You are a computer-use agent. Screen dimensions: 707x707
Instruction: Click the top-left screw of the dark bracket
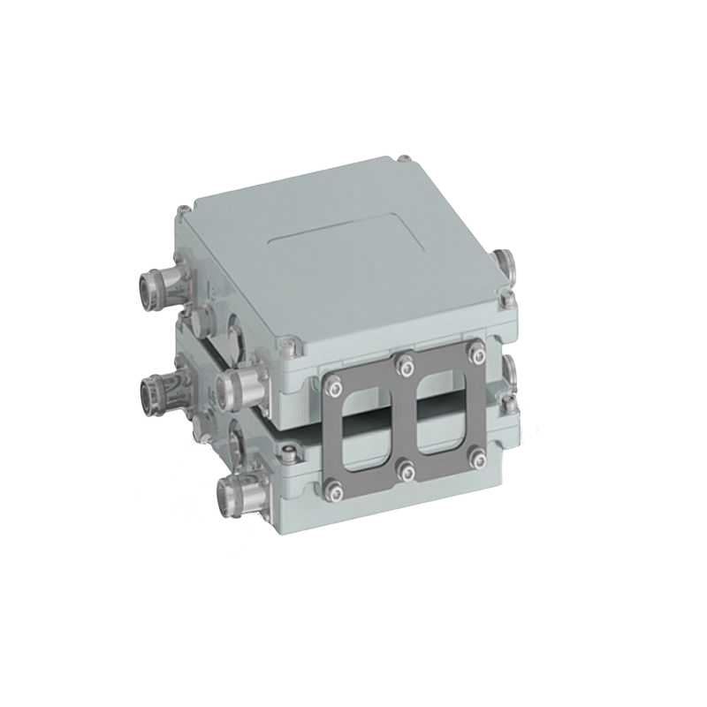click(x=335, y=384)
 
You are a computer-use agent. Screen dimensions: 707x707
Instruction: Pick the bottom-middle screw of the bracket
click(x=407, y=469)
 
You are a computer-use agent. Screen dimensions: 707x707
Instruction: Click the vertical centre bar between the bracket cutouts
click(x=407, y=416)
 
